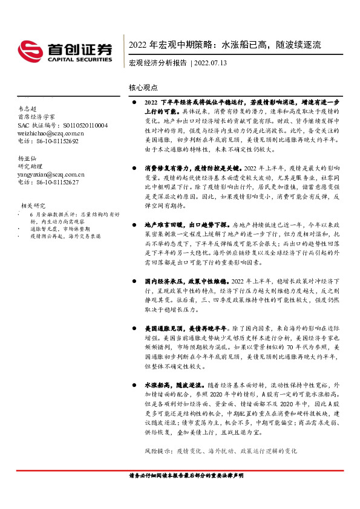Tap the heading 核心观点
(x=143, y=87)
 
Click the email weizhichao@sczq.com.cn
(x=51, y=133)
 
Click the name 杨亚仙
(x=27, y=158)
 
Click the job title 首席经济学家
(x=36, y=117)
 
